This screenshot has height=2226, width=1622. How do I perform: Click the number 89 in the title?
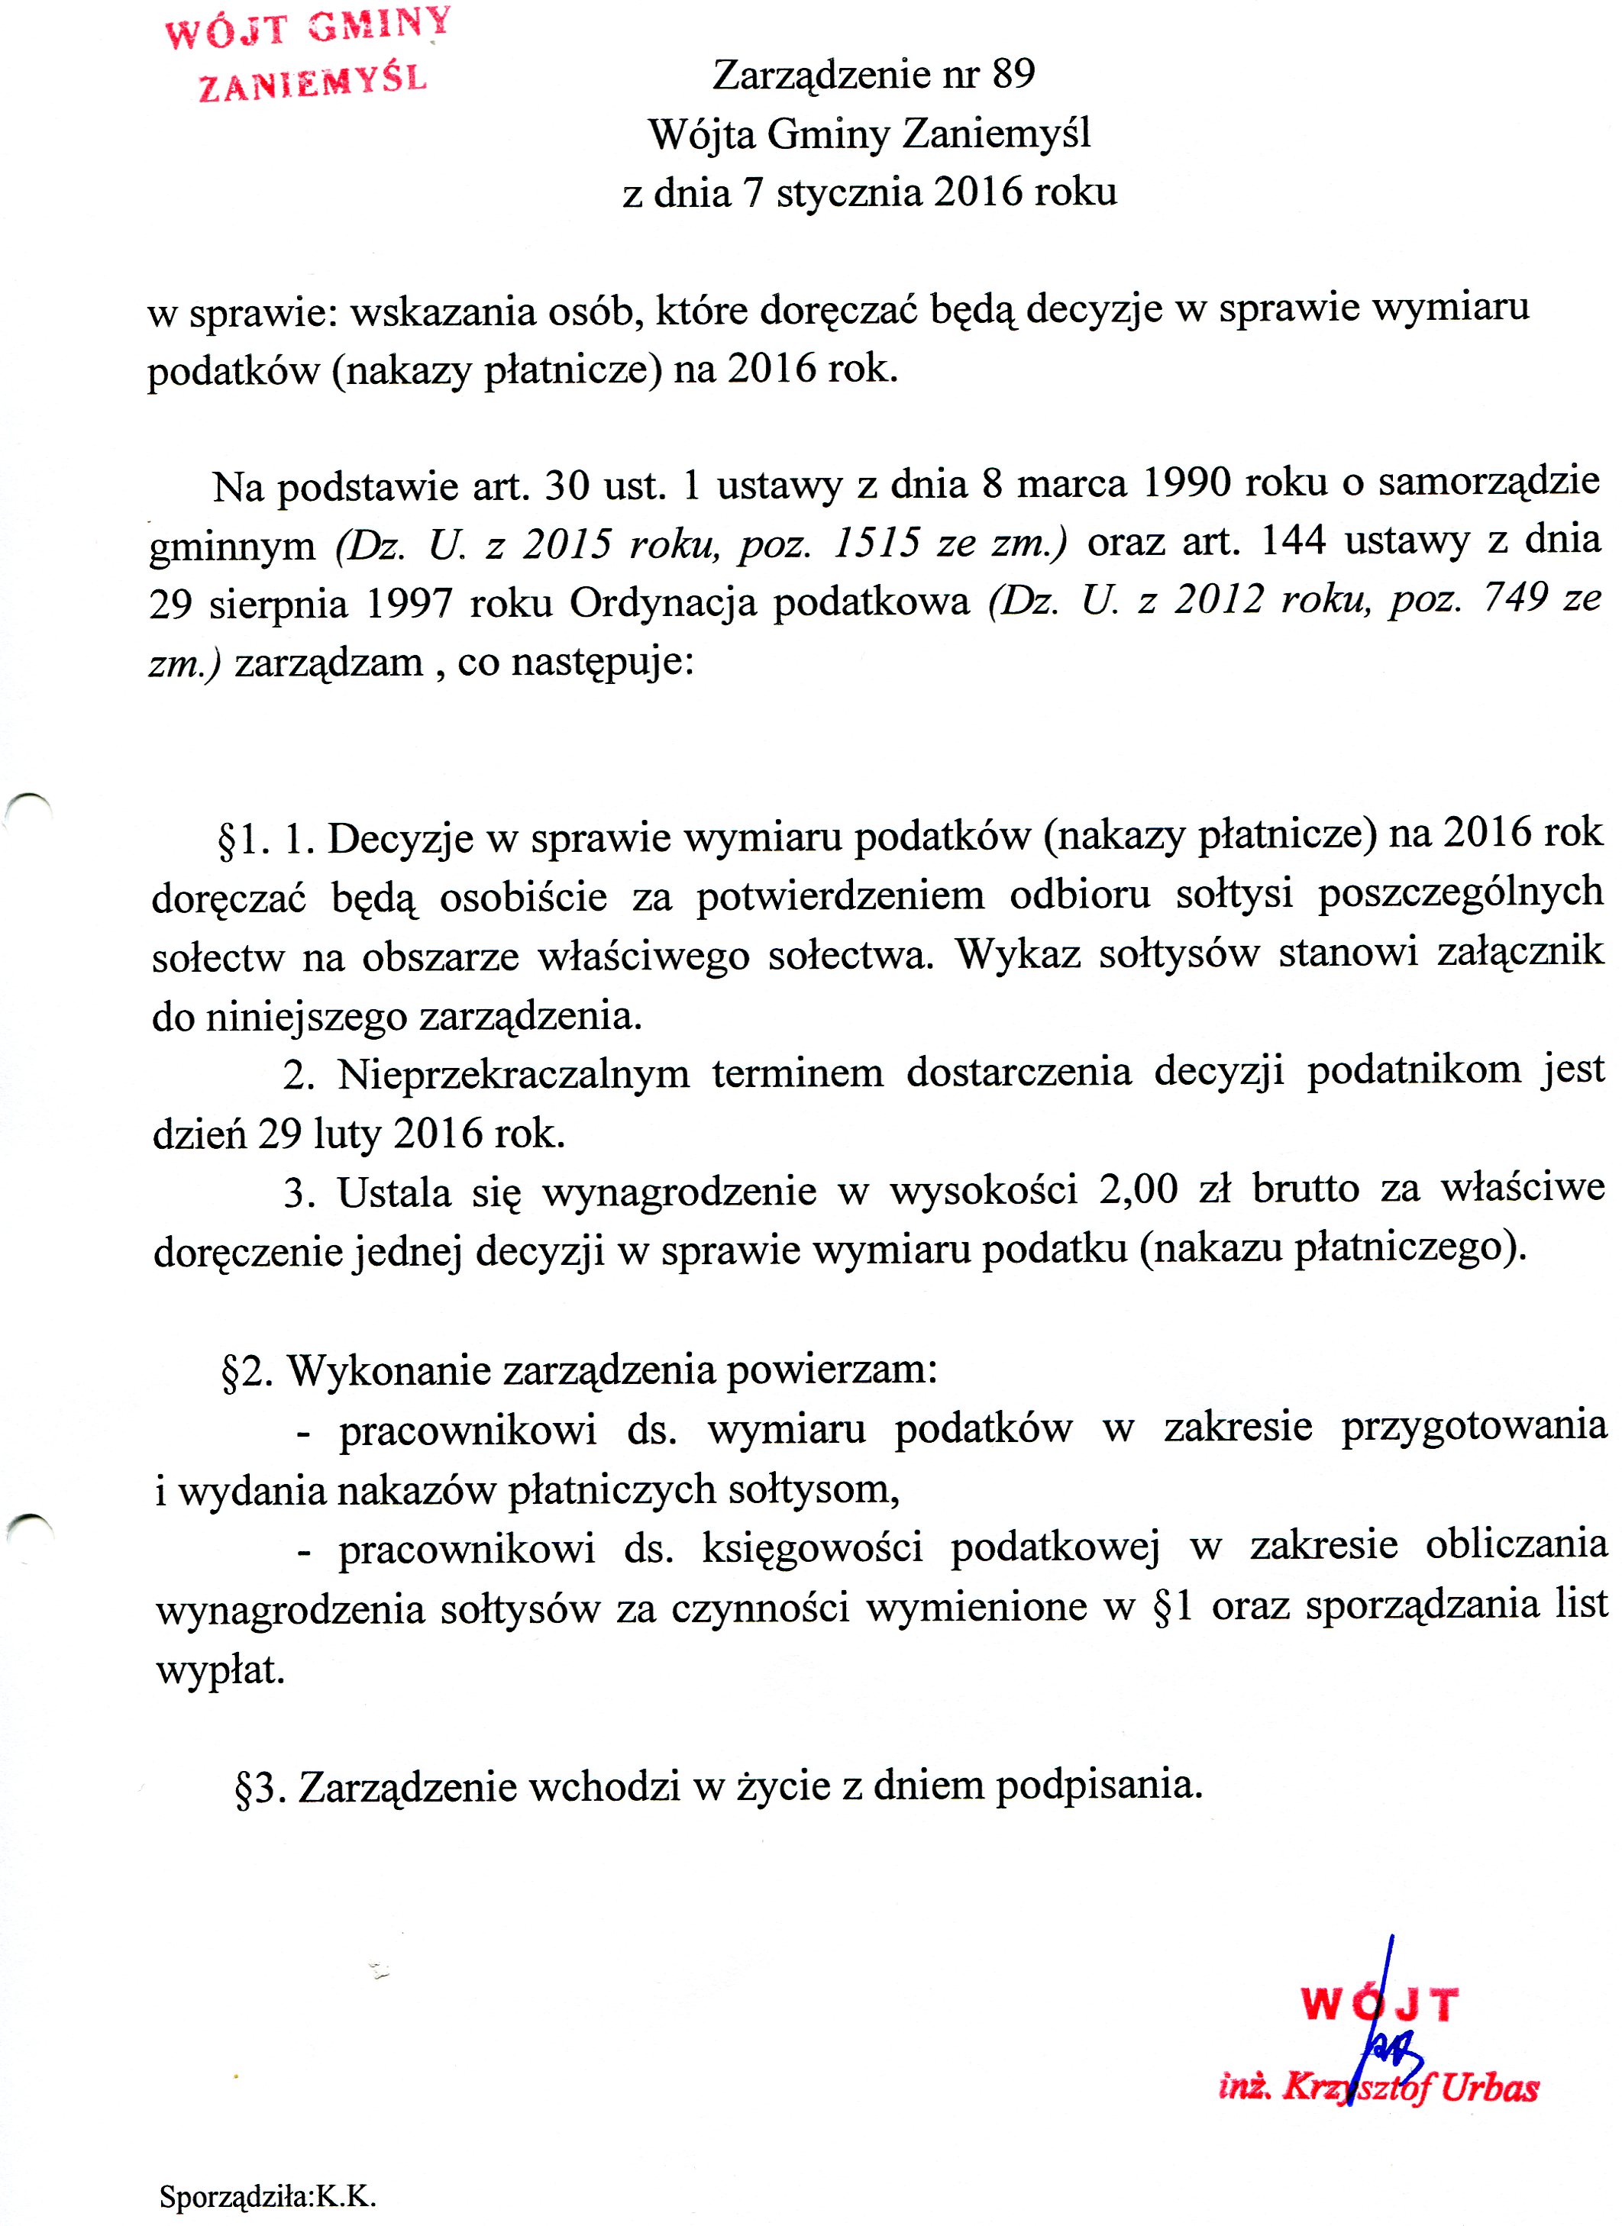(1013, 75)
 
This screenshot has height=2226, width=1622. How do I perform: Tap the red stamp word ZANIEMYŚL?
(313, 82)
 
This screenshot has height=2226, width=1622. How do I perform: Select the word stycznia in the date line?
(848, 192)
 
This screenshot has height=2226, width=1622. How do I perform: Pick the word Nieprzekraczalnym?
(513, 1075)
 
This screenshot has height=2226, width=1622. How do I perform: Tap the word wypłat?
(220, 1670)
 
